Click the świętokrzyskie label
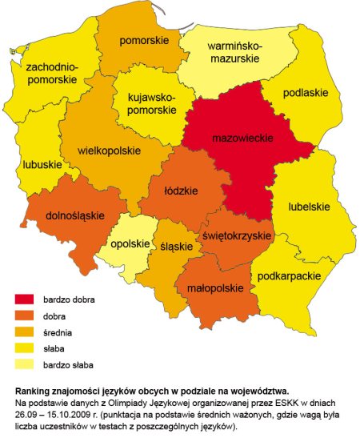[x=234, y=236]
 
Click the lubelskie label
[x=309, y=207]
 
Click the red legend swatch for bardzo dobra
[x=26, y=299]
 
